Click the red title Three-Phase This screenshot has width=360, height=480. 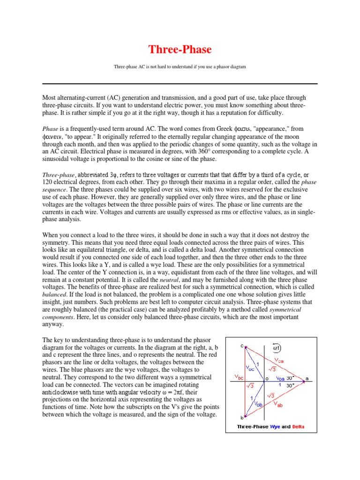click(x=180, y=49)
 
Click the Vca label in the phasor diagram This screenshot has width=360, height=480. click(x=279, y=360)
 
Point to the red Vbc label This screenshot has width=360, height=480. click(x=239, y=376)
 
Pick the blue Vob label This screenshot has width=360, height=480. click(x=259, y=403)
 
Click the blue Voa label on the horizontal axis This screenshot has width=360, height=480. click(x=280, y=378)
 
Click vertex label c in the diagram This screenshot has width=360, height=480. click(x=242, y=345)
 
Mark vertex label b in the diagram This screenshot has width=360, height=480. click(x=242, y=418)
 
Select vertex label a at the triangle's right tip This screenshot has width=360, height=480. click(x=307, y=378)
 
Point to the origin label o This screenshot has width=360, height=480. click(x=268, y=378)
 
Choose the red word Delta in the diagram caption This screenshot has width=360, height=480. click(x=299, y=427)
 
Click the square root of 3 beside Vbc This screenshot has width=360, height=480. click(x=251, y=385)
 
